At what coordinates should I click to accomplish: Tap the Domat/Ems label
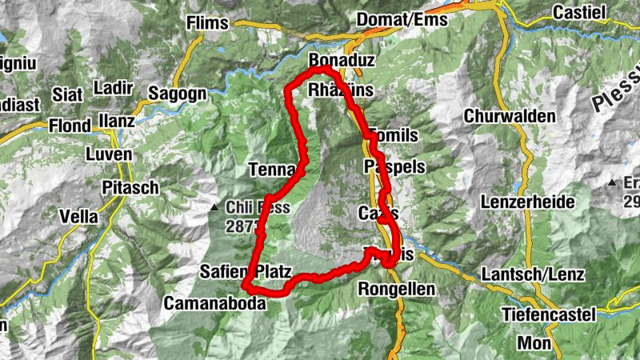[402, 19]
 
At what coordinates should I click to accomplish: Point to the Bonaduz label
[338, 61]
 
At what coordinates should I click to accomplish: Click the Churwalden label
[510, 116]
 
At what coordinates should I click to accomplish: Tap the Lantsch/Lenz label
[533, 274]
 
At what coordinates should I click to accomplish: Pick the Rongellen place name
[397, 288]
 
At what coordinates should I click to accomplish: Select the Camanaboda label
[215, 303]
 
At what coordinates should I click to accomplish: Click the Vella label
[78, 216]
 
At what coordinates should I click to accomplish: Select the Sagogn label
[178, 94]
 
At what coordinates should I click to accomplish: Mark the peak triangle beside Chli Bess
[214, 208]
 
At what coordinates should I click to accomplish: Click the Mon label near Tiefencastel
[534, 342]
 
